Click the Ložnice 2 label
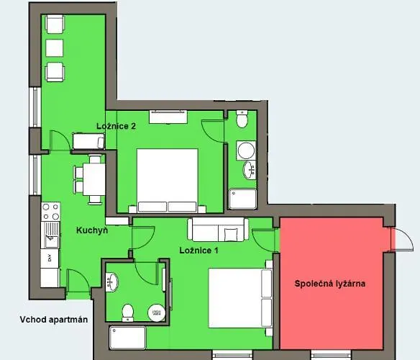(x=116, y=126)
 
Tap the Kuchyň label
(x=92, y=230)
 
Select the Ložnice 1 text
(x=198, y=251)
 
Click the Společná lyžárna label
(x=329, y=284)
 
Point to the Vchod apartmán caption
(x=53, y=320)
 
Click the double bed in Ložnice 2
(x=167, y=181)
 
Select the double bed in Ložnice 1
(x=240, y=298)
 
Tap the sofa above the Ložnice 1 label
(x=218, y=230)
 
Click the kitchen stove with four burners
(x=50, y=212)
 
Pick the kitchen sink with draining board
(x=50, y=235)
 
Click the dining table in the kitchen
(x=93, y=179)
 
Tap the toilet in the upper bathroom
(x=242, y=119)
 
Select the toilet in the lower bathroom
(x=128, y=312)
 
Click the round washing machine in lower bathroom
(x=157, y=312)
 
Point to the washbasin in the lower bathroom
(x=111, y=282)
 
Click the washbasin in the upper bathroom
(x=250, y=170)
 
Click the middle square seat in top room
(x=55, y=48)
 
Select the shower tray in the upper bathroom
(x=242, y=199)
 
